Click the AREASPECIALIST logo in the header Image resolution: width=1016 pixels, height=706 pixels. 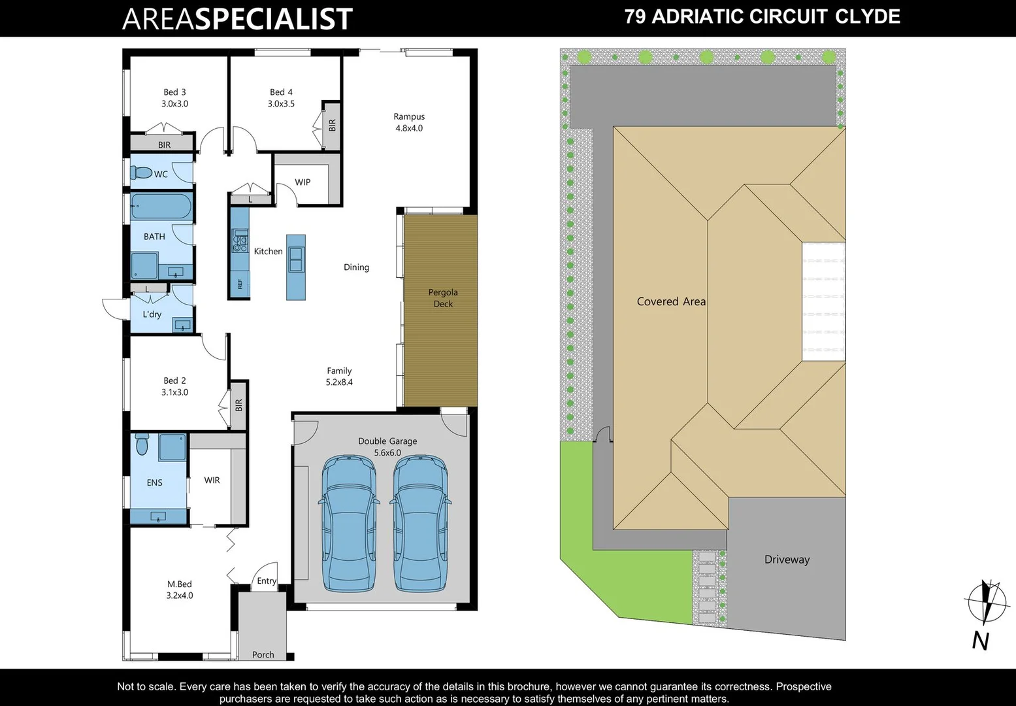[x=237, y=19]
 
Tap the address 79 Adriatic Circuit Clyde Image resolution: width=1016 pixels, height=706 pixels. [x=762, y=17]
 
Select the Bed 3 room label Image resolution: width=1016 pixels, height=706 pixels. [x=174, y=92]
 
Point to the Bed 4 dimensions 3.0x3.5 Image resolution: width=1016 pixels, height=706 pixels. [x=281, y=104]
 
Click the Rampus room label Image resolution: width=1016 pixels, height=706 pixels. [x=409, y=117]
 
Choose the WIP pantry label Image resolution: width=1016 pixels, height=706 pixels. [x=303, y=182]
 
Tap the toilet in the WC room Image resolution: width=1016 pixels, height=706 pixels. [x=141, y=173]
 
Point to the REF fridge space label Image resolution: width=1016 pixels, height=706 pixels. [x=240, y=284]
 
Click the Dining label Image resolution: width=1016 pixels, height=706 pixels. [x=356, y=267]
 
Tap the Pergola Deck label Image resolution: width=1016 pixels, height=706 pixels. [x=443, y=298]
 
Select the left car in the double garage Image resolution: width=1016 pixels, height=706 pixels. [x=349, y=523]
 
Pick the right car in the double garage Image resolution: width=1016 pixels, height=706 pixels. [x=420, y=523]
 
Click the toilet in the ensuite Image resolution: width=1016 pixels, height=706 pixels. [x=142, y=445]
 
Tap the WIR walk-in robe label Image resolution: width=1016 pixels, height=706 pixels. [x=212, y=480]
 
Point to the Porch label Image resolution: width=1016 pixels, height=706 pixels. [x=263, y=654]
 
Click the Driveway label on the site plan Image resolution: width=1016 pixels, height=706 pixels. [x=787, y=560]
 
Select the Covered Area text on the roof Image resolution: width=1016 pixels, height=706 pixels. [x=671, y=301]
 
